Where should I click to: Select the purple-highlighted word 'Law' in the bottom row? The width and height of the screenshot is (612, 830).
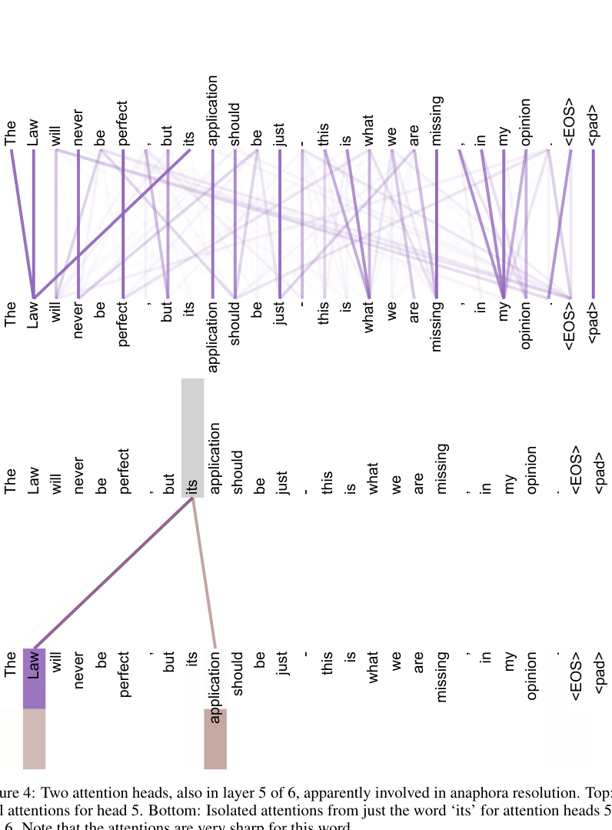coord(34,665)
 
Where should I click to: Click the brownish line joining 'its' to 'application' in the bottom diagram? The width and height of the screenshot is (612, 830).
coord(205,573)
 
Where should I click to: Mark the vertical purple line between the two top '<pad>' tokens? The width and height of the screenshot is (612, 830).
coord(594,223)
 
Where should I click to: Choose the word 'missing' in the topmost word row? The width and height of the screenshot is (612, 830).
coord(437,120)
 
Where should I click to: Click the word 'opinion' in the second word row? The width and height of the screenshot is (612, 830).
coord(526,328)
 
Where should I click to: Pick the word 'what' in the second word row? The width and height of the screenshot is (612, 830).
coord(370,320)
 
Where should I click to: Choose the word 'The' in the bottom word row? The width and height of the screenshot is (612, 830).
coord(11,665)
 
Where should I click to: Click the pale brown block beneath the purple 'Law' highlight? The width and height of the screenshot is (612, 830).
coord(34,738)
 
